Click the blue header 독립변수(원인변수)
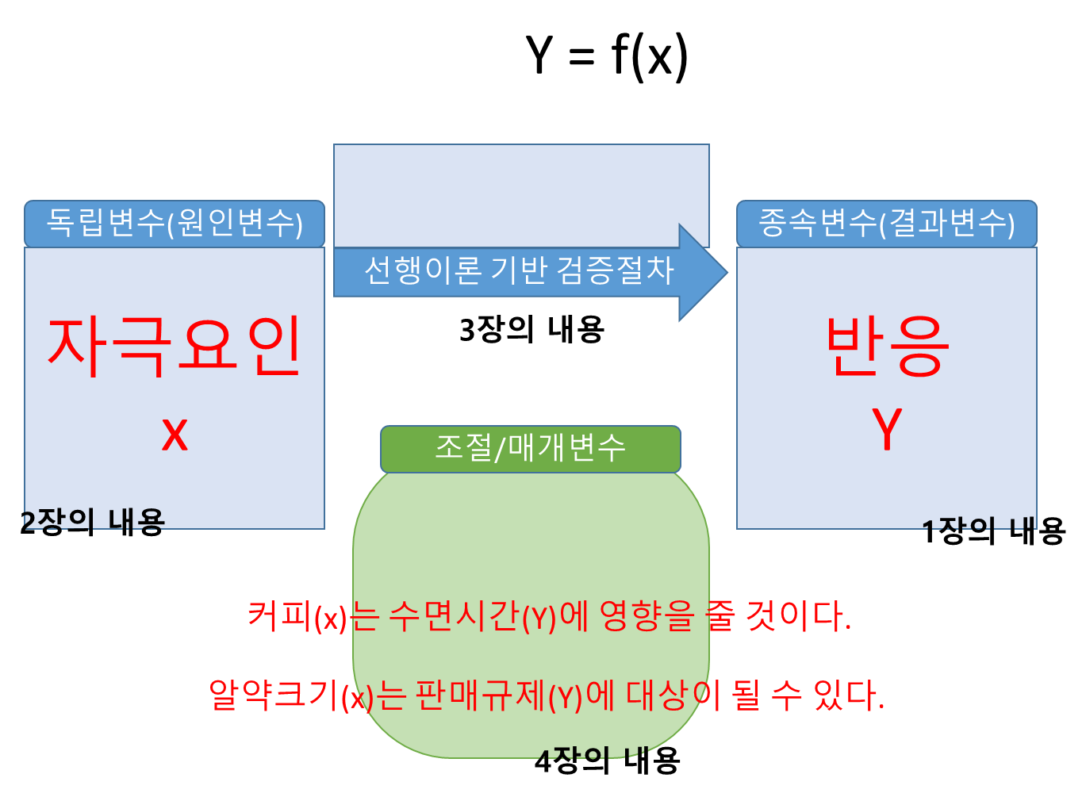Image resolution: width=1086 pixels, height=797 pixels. [x=175, y=223]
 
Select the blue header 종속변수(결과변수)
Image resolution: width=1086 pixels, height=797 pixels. [x=886, y=223]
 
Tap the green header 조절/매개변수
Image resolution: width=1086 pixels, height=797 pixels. [x=530, y=448]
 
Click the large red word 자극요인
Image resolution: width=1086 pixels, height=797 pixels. [x=175, y=347]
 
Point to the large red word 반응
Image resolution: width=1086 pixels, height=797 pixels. [x=886, y=347]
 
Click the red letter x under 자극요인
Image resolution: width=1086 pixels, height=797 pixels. [x=175, y=434]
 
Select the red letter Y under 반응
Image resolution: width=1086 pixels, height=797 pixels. [x=886, y=429]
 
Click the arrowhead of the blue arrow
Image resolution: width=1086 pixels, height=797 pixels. [x=701, y=272]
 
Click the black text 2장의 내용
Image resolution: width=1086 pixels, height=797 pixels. [x=94, y=520]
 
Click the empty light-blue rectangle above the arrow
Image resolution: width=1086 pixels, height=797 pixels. [x=520, y=194]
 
